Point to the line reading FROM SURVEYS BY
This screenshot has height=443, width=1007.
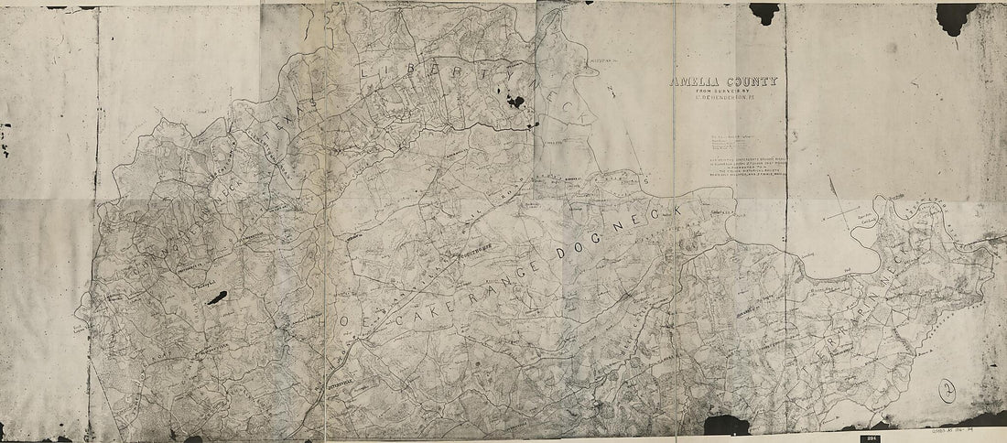click(x=724, y=92)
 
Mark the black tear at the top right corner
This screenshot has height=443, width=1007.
click(x=956, y=16)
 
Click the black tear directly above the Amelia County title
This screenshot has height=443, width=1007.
click(x=764, y=12)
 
